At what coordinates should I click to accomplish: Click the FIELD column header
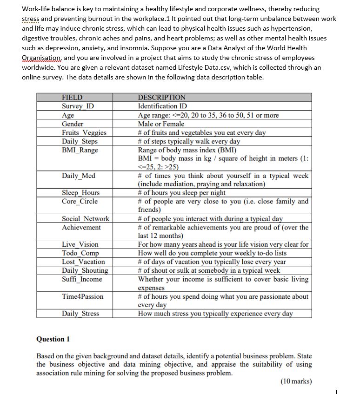pyautogui.click(x=72, y=98)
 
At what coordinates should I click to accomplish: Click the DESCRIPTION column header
pyautogui.click(x=161, y=98)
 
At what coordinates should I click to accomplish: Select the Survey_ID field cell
pyautogui.click(x=78, y=106)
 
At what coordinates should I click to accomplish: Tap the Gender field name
pyautogui.click(x=73, y=124)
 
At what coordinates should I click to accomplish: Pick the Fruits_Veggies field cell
pyautogui.click(x=84, y=133)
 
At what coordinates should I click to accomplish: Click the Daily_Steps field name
pyautogui.click(x=80, y=141)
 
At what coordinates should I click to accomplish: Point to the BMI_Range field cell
pyautogui.click(x=80, y=150)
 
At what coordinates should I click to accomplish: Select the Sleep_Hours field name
pyautogui.click(x=80, y=193)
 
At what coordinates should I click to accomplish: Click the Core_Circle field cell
pyautogui.click(x=80, y=201)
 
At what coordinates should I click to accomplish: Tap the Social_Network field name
pyautogui.click(x=86, y=219)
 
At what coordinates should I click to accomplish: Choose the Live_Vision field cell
pyautogui.click(x=80, y=244)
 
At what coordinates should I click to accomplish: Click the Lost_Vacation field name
pyautogui.click(x=83, y=262)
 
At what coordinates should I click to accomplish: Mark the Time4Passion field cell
pyautogui.click(x=83, y=296)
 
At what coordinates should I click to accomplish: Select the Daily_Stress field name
pyautogui.click(x=80, y=314)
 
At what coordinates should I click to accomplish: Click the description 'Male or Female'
pyautogui.click(x=161, y=124)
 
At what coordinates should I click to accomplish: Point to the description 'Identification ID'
pyautogui.click(x=162, y=106)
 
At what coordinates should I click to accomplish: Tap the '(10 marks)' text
pyautogui.click(x=296, y=381)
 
